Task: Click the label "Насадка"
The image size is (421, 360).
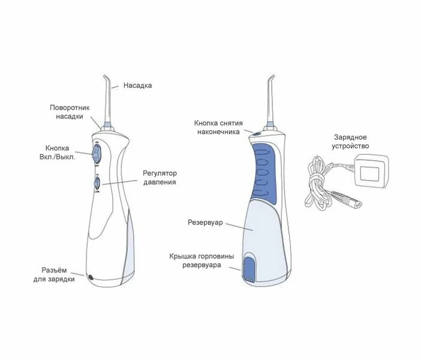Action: point(137,85)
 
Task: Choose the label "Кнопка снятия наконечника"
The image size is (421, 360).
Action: point(217,127)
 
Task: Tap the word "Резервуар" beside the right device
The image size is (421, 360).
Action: point(205,222)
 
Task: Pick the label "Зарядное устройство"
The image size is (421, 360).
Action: point(351,141)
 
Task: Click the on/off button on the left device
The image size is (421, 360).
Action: point(95,151)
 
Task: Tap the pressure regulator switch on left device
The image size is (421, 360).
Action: point(97,183)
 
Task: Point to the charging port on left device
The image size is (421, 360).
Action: point(91,278)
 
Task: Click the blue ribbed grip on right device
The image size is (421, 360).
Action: point(261,170)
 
